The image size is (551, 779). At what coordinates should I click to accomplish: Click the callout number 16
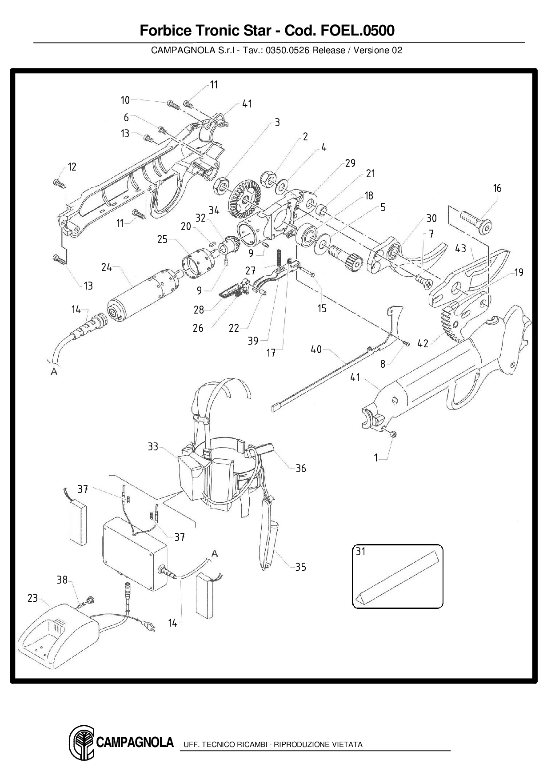pyautogui.click(x=497, y=188)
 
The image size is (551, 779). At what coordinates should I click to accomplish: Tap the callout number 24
pyautogui.click(x=107, y=267)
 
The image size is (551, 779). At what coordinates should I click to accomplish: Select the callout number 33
pyautogui.click(x=153, y=446)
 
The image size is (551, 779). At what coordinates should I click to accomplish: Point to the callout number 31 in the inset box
pyautogui.click(x=360, y=552)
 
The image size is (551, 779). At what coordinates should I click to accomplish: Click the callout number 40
pyautogui.click(x=316, y=350)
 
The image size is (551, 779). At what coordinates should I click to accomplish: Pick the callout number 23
pyautogui.click(x=32, y=598)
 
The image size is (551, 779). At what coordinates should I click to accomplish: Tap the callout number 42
pyautogui.click(x=423, y=343)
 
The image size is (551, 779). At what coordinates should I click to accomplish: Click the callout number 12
pyautogui.click(x=72, y=167)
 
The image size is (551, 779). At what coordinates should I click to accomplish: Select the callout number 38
pyautogui.click(x=62, y=580)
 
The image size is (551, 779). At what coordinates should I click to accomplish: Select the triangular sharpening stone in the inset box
pyautogui.click(x=397, y=575)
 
